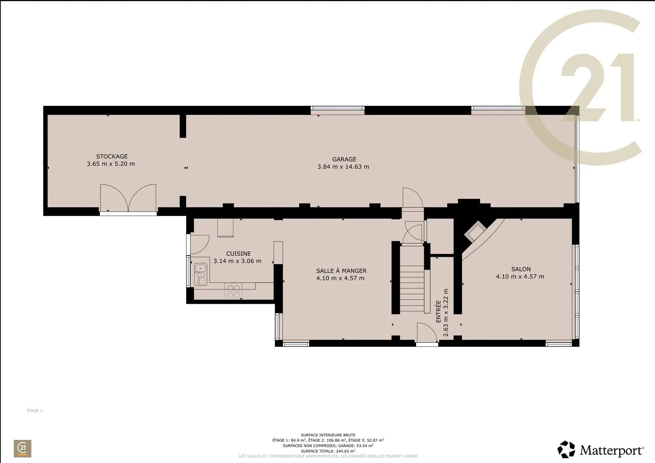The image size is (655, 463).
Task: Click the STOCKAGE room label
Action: point(112,156)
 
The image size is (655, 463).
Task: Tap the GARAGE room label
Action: point(344,159)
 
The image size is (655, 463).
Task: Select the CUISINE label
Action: point(238,254)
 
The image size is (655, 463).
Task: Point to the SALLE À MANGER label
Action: point(341,271)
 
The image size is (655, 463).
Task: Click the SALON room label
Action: point(521,269)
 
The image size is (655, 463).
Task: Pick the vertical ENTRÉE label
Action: point(438,311)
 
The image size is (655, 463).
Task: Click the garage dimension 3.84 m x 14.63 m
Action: point(343,167)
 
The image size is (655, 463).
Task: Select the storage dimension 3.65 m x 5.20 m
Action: point(111,164)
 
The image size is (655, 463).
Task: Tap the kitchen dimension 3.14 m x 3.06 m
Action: point(237,261)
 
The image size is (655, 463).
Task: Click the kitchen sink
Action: point(201,274)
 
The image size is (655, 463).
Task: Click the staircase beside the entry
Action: point(412,289)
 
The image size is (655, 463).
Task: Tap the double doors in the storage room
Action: point(128,198)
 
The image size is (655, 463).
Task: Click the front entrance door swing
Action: point(427,332)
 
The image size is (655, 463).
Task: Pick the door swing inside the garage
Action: point(413,197)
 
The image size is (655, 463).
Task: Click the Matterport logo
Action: point(601,450)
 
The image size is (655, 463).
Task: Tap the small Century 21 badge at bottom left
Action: point(23,448)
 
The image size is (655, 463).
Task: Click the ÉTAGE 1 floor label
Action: point(34,410)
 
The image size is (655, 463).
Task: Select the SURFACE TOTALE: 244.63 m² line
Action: point(328,451)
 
